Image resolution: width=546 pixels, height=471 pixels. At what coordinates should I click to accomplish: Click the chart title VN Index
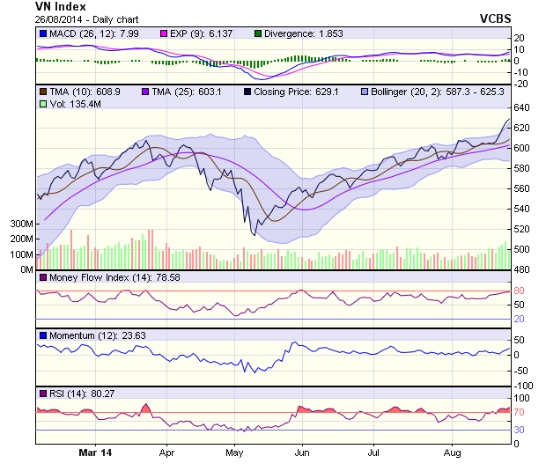(x=61, y=6)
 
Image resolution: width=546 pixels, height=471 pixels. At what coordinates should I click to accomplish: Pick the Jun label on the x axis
(x=301, y=453)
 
